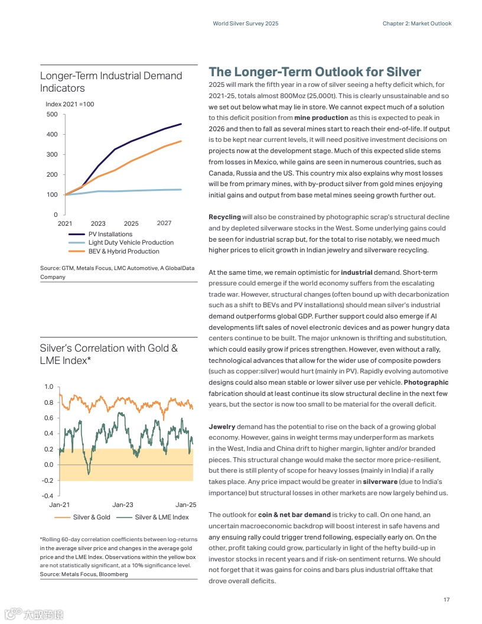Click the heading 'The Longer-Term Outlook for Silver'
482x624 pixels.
pyautogui.click(x=315, y=72)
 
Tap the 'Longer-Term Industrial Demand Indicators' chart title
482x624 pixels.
pyautogui.click(x=111, y=82)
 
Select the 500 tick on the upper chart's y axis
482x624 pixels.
pyautogui.click(x=52, y=114)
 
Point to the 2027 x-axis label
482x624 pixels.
pyautogui.click(x=164, y=223)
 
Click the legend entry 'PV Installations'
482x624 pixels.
pyautogui.click(x=110, y=235)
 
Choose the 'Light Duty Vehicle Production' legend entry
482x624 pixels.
pyautogui.click(x=131, y=242)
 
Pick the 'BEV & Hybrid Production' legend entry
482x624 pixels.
pyautogui.click(x=123, y=251)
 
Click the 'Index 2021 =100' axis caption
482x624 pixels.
pyautogui.click(x=70, y=104)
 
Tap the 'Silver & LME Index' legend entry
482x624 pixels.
pyautogui.click(x=162, y=517)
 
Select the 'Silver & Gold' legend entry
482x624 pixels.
pyautogui.click(x=92, y=517)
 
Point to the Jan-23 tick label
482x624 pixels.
pyautogui.click(x=123, y=505)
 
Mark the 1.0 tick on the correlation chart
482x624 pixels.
pyautogui.click(x=48, y=386)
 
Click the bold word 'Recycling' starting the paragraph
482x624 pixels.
pyautogui.click(x=224, y=217)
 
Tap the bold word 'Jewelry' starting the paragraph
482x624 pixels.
pyautogui.click(x=222, y=426)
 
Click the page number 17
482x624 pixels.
pyautogui.click(x=447, y=600)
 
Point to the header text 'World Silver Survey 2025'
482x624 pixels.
pyautogui.click(x=245, y=24)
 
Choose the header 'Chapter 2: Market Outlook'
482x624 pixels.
pyautogui.click(x=416, y=24)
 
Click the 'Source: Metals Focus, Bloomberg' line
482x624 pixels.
pyautogui.click(x=83, y=574)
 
